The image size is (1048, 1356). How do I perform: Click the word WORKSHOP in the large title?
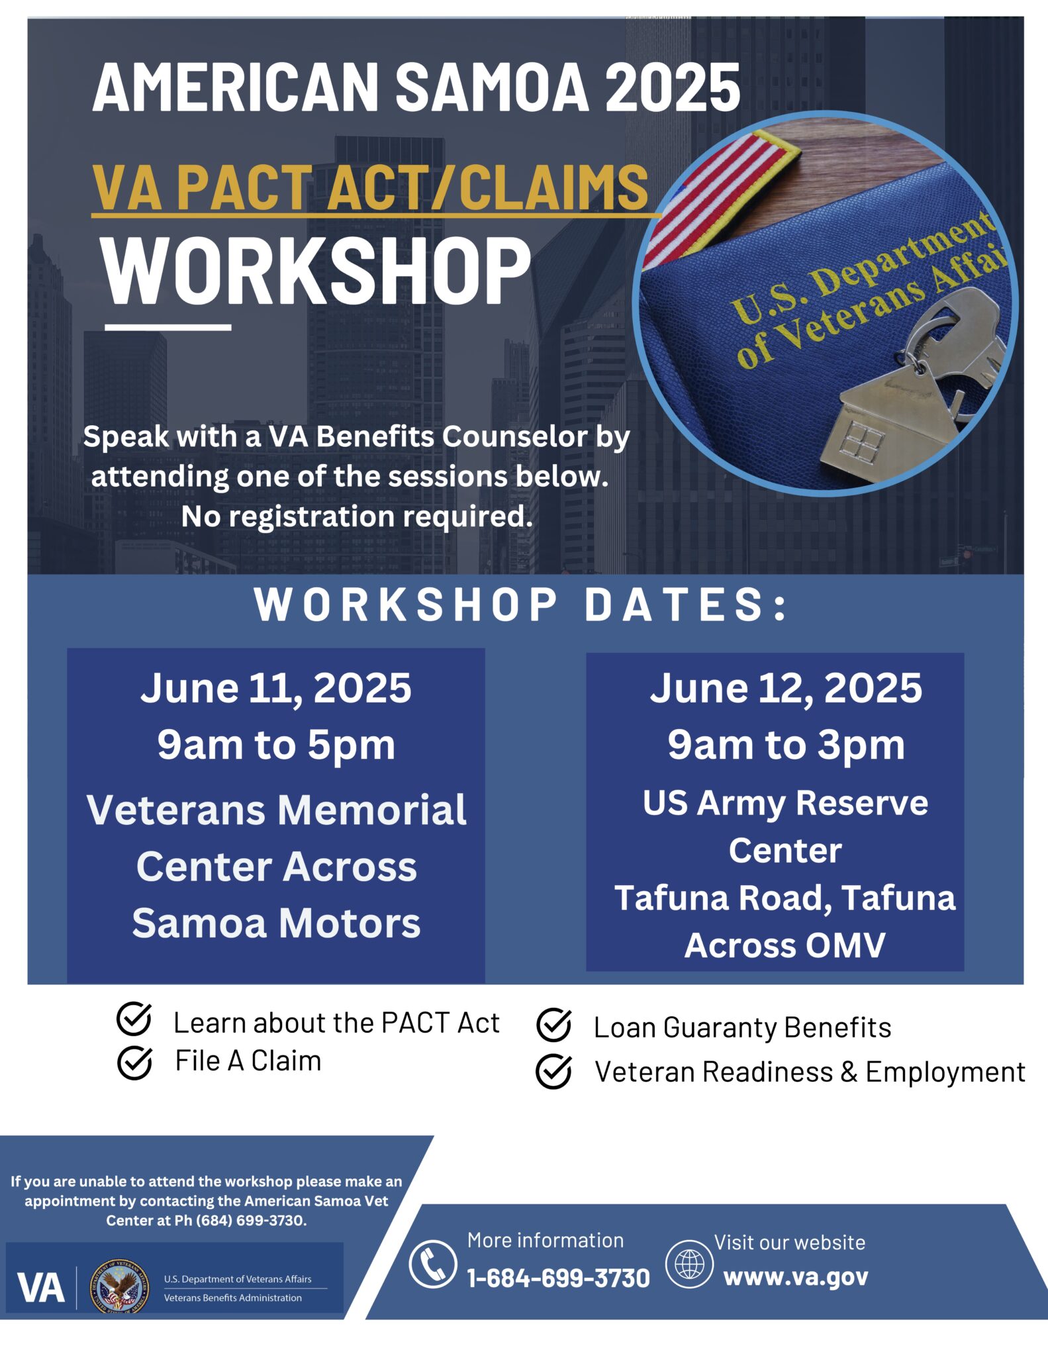pyautogui.click(x=316, y=272)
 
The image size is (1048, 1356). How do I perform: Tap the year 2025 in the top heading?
pyautogui.click(x=673, y=87)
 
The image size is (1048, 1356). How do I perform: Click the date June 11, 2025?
pyautogui.click(x=275, y=688)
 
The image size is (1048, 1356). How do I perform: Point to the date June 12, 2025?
pyautogui.click(x=785, y=688)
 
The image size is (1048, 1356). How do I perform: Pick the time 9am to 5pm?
pyautogui.click(x=275, y=745)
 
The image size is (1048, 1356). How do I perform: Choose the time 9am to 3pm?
pyautogui.click(x=785, y=745)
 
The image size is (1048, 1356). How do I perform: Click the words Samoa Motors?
pyautogui.click(x=275, y=923)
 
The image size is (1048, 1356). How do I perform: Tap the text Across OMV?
pyautogui.click(x=785, y=945)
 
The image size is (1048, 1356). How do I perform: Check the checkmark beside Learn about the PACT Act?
pyautogui.click(x=134, y=1019)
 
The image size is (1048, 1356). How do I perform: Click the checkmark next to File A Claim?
pyautogui.click(x=134, y=1063)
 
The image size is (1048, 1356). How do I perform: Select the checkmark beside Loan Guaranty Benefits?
pyautogui.click(x=553, y=1025)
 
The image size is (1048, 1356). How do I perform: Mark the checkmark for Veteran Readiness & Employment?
pyautogui.click(x=553, y=1071)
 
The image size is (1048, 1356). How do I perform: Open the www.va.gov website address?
pyautogui.click(x=795, y=1277)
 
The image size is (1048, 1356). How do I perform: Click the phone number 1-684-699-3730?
pyautogui.click(x=558, y=1278)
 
